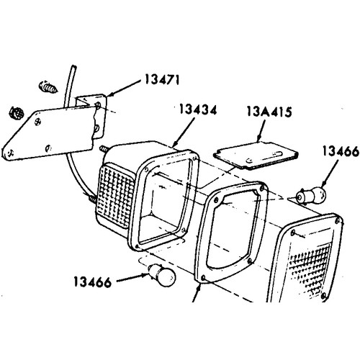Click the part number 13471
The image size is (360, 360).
coord(162,80)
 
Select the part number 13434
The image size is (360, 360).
coord(198,110)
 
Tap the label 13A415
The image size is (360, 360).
coord(269,112)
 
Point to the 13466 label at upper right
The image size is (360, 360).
coord(341,151)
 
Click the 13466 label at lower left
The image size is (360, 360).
coord(93,282)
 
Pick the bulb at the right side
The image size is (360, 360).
coord(311,197)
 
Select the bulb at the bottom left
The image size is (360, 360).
coord(162,275)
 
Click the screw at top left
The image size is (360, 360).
coord(48,87)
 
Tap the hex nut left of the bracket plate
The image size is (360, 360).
coord(17,112)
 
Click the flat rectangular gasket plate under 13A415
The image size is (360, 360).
coord(256,156)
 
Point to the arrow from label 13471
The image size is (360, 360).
coord(124,88)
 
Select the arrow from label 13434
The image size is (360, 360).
coord(184,132)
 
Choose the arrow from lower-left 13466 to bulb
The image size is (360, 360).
coord(132,277)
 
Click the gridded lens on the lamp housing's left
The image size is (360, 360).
coord(116,194)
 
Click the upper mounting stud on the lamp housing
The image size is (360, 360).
coord(104,148)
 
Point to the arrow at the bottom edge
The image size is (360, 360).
coord(197,292)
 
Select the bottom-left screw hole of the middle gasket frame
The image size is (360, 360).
coord(204,278)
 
